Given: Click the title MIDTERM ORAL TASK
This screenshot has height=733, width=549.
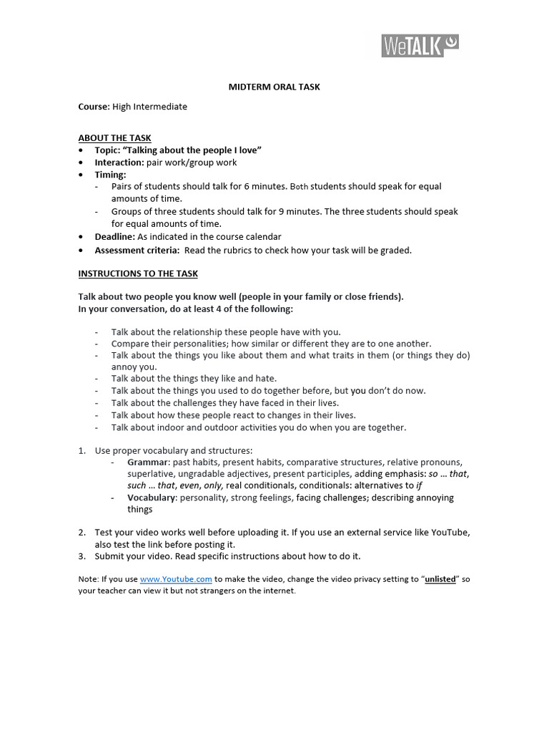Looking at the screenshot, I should (x=274, y=87).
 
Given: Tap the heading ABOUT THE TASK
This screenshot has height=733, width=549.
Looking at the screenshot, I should (x=114, y=138).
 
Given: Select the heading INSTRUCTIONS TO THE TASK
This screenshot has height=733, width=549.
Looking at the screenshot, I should (x=138, y=273).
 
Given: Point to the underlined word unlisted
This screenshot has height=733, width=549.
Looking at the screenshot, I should (x=440, y=579).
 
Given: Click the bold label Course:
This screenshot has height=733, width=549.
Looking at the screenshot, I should (x=94, y=107).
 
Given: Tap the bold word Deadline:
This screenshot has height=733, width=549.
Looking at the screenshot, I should (x=115, y=236).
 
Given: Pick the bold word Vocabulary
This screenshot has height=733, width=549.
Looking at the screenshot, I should (x=151, y=497).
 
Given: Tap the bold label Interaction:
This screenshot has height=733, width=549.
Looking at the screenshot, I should (x=119, y=162).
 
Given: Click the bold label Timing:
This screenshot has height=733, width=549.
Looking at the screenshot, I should (x=111, y=175).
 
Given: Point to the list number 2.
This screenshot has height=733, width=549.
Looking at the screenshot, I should (x=81, y=533).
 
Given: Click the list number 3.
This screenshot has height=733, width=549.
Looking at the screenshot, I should (x=81, y=556).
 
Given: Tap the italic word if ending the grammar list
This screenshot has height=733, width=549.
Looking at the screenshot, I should (x=419, y=485).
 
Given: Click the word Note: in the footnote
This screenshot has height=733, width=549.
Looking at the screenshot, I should (x=89, y=579).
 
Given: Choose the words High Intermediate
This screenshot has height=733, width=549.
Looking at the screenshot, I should (x=150, y=107).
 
